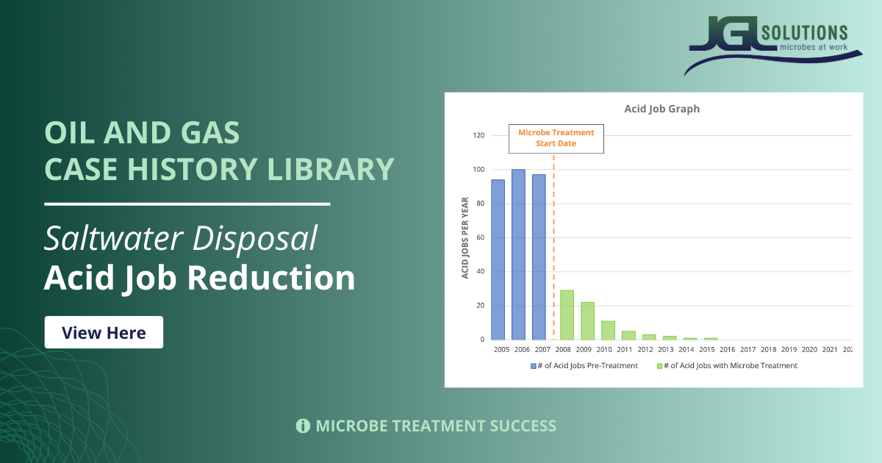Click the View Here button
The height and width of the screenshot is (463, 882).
point(104,332)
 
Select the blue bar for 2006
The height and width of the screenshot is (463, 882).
point(518,254)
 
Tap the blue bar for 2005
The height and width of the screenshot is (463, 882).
point(498,259)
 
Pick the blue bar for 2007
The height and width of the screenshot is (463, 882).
point(539,257)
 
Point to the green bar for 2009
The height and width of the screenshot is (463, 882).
point(587,320)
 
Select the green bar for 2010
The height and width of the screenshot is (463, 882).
point(608,330)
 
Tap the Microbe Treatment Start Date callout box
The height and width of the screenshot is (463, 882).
point(556,138)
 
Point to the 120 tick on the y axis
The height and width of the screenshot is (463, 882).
point(478,135)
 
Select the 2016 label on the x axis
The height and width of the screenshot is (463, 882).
point(727,350)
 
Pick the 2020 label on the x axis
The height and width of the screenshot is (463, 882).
point(808,350)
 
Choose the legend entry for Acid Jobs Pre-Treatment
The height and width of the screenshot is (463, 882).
point(584,365)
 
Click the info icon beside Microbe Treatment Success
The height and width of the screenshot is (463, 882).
point(302,426)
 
